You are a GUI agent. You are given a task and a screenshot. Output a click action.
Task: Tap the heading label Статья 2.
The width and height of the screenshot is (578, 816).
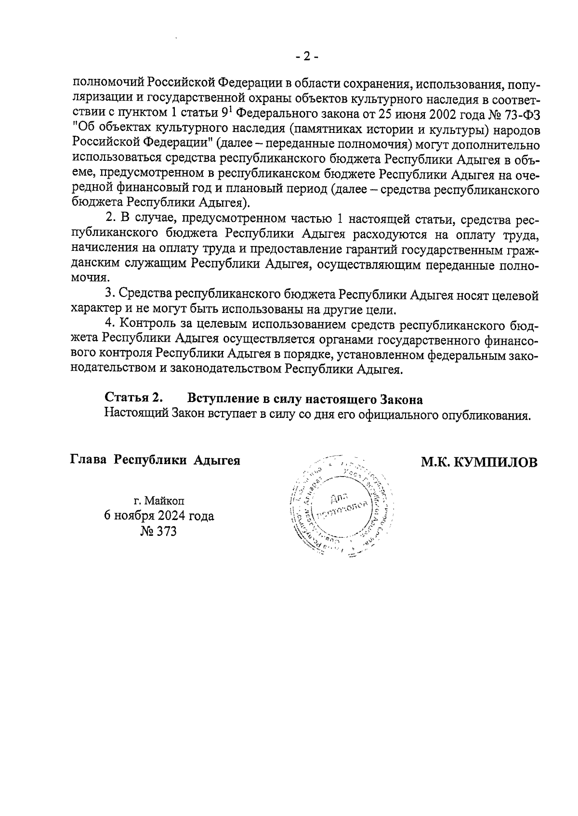click(134, 399)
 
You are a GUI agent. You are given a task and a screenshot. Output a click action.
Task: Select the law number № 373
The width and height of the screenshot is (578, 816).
click(158, 531)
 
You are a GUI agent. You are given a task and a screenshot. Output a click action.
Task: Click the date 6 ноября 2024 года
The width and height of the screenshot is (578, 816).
click(159, 516)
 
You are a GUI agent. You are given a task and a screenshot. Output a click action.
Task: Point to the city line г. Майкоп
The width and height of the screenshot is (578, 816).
click(159, 500)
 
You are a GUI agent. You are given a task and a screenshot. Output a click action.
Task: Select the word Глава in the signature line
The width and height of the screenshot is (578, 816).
click(89, 460)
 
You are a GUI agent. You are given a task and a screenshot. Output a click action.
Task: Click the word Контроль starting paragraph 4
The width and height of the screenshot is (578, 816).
click(144, 323)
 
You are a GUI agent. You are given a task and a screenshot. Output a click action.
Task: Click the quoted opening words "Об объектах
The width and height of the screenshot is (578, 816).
click(110, 130)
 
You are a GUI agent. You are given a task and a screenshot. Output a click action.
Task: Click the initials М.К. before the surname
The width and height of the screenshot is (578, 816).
click(436, 463)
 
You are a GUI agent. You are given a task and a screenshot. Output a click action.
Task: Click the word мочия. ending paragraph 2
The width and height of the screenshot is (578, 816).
click(90, 279)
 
